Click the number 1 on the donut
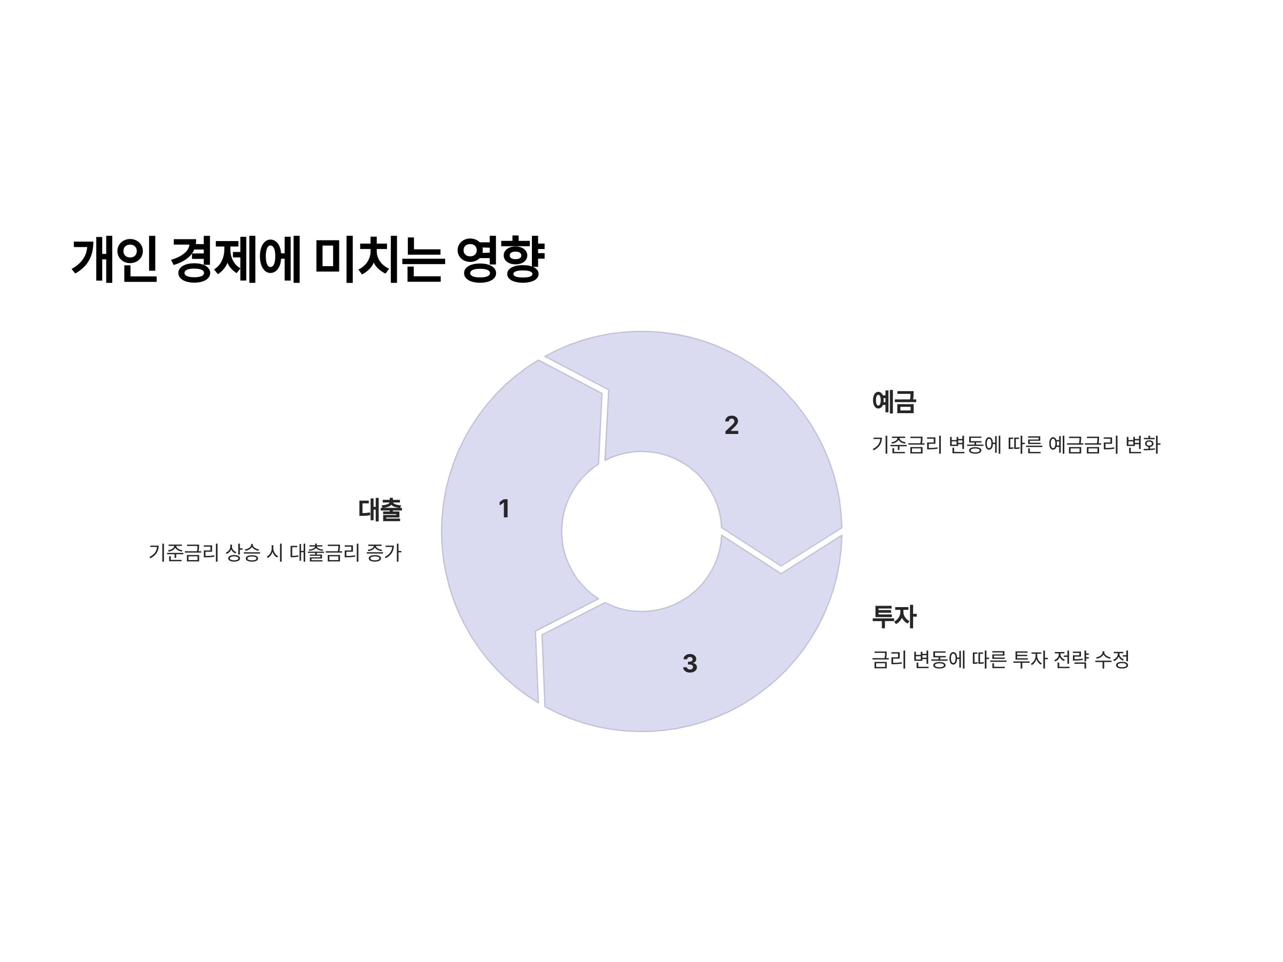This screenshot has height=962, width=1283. point(504,509)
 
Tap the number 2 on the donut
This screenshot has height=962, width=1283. point(731,425)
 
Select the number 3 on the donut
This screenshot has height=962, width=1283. point(690,663)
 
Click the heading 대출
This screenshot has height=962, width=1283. point(380,510)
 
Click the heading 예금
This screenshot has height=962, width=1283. point(894,401)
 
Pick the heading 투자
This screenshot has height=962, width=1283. point(894,616)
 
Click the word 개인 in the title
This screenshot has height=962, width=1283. point(115,259)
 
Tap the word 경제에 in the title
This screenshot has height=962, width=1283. point(236,259)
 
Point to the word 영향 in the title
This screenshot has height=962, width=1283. point(500,259)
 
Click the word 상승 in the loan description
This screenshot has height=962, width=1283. point(243,553)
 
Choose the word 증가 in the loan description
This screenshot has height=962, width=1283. point(384,553)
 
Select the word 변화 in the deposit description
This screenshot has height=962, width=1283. point(1142,445)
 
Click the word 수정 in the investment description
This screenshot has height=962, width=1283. point(1112,660)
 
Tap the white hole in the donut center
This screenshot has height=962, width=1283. point(641,531)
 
